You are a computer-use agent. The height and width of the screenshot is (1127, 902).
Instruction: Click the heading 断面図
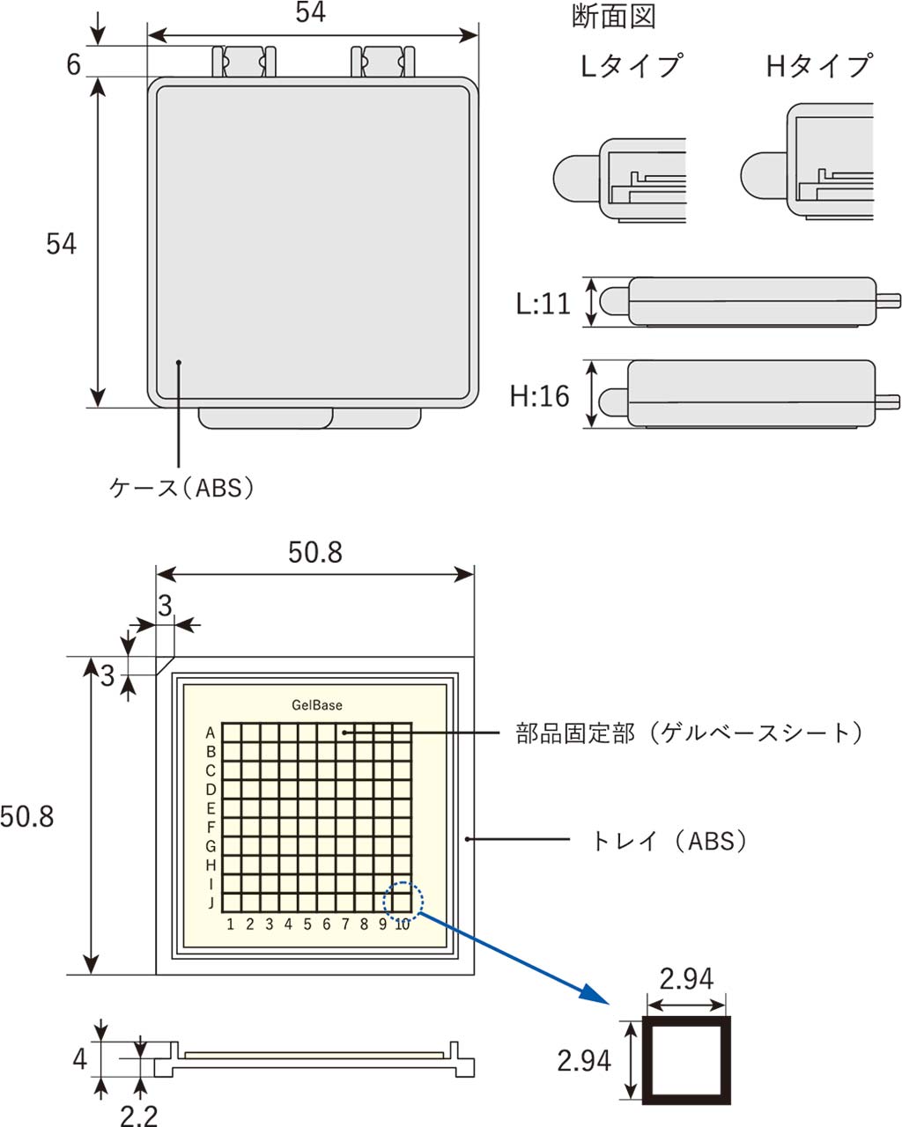pyautogui.click(x=614, y=17)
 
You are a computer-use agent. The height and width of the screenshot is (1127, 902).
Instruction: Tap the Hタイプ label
pyautogui.click(x=819, y=66)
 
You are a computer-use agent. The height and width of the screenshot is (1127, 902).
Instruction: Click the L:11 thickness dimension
pyautogui.click(x=543, y=304)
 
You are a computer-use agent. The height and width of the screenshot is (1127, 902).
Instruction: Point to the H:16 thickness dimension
pyautogui.click(x=540, y=396)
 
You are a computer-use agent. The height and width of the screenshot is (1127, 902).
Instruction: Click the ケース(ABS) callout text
pyautogui.click(x=182, y=488)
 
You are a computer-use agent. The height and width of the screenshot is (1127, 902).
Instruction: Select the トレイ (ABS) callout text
pyautogui.click(x=671, y=841)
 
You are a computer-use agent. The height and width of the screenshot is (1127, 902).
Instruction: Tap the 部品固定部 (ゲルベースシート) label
pyautogui.click(x=689, y=733)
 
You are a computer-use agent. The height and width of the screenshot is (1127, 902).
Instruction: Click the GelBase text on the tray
pyautogui.click(x=317, y=705)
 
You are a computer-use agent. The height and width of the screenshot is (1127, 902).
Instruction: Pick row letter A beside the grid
pyautogui.click(x=211, y=733)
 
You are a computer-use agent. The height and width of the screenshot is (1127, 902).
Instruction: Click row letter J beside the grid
pyautogui.click(x=211, y=902)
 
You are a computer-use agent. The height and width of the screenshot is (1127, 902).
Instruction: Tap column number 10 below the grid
pyautogui.click(x=402, y=924)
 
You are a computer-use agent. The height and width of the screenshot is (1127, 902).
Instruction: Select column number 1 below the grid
pyautogui.click(x=231, y=924)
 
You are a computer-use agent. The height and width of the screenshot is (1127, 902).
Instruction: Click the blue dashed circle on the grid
pyautogui.click(x=403, y=902)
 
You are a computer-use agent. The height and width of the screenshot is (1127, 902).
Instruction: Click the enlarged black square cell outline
pyautogui.click(x=687, y=1061)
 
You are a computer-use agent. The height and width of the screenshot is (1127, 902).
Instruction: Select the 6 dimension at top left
pyautogui.click(x=74, y=64)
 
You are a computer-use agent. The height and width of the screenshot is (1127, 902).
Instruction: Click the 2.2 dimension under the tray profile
pyautogui.click(x=139, y=1116)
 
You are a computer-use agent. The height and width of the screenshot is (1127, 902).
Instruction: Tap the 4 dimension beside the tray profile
pyautogui.click(x=79, y=1058)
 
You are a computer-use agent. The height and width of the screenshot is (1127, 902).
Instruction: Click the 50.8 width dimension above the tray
pyautogui.click(x=315, y=552)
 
